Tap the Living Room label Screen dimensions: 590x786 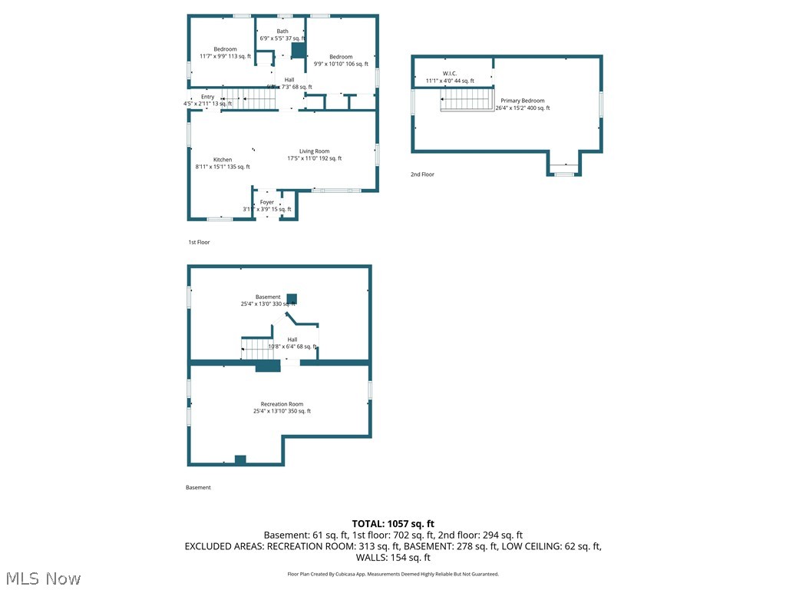314,151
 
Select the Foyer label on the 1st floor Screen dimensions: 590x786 266,202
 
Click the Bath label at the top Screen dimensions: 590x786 282,31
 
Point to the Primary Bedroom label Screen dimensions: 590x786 523,101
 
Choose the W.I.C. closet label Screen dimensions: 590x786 449,73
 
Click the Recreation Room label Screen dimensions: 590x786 282,404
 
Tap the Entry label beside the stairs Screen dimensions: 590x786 208,97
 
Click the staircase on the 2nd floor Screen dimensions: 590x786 466,100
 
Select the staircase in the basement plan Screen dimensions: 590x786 256,348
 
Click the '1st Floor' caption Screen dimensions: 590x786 199,242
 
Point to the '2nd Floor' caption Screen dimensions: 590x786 422,174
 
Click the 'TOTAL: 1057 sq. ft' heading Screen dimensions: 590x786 392,523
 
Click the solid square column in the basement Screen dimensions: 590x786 292,299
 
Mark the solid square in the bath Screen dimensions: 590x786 299,51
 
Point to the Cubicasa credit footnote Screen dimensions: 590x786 392,574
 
